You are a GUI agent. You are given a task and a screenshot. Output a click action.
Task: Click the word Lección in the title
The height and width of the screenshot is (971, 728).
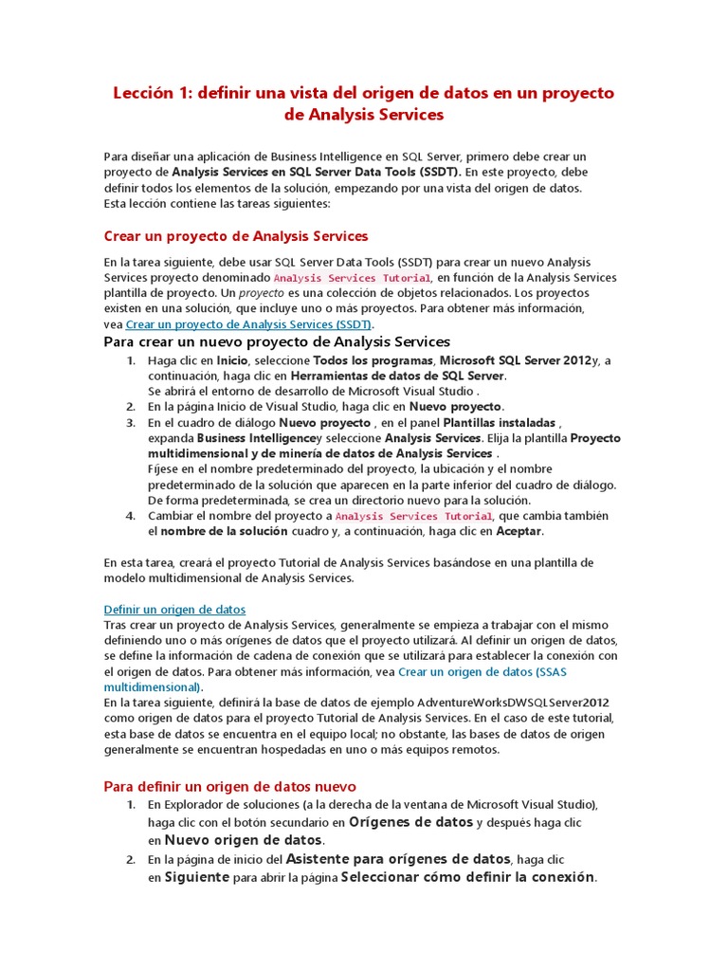pyautogui.click(x=143, y=93)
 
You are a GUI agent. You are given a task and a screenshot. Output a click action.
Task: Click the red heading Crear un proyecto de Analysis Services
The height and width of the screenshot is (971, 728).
pyautogui.click(x=235, y=236)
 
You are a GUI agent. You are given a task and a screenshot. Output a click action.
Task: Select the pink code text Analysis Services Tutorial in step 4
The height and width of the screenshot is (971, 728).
pyautogui.click(x=414, y=516)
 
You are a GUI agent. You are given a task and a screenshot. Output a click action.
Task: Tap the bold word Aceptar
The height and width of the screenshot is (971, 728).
pyautogui.click(x=519, y=531)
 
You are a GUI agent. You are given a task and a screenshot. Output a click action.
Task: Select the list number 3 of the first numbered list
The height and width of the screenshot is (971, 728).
pyautogui.click(x=131, y=422)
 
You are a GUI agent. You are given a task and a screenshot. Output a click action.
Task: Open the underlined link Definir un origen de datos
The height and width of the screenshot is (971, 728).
pyautogui.click(x=174, y=609)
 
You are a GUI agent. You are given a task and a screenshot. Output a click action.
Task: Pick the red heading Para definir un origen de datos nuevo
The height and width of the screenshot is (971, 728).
pyautogui.click(x=229, y=786)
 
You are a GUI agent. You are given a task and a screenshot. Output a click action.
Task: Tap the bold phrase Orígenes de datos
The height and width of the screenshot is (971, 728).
pyautogui.click(x=410, y=822)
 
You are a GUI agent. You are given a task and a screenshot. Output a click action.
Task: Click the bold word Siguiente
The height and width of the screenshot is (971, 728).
pyautogui.click(x=197, y=877)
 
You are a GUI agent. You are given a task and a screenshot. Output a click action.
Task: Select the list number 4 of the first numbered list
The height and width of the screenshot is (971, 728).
pyautogui.click(x=131, y=516)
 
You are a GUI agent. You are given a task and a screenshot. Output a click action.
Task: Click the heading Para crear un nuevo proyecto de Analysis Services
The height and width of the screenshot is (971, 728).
pyautogui.click(x=277, y=341)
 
